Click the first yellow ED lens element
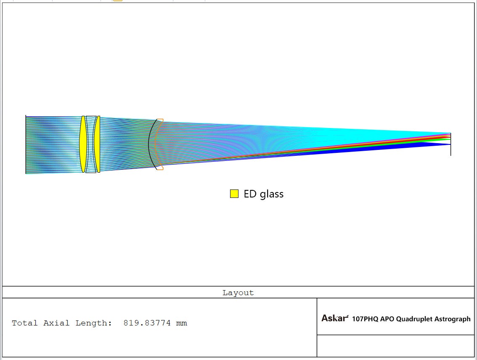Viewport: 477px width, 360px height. pos(82,144)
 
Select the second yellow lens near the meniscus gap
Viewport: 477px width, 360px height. pos(97,144)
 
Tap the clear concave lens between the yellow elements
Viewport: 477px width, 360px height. pos(91,144)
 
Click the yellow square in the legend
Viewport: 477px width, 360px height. pos(234,194)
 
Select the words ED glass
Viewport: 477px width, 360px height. pos(263,194)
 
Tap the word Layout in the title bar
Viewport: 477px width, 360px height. pos(238,293)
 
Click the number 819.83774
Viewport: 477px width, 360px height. pos(147,323)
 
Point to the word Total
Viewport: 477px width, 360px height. pos(25,323)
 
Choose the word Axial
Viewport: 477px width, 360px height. pos(56,323)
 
